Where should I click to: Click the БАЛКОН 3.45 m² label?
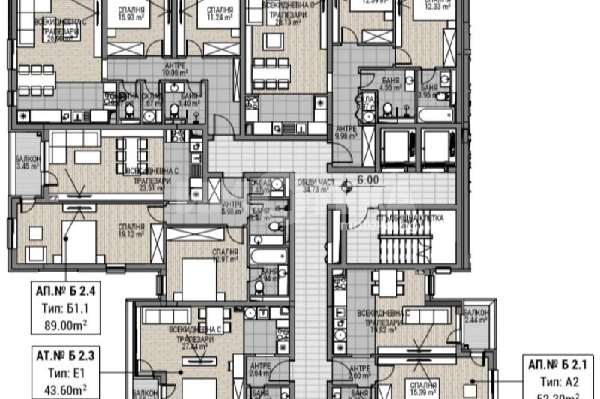click(x=29, y=163)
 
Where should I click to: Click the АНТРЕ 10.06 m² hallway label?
click(x=175, y=70)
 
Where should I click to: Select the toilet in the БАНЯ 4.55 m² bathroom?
click(x=387, y=110)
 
